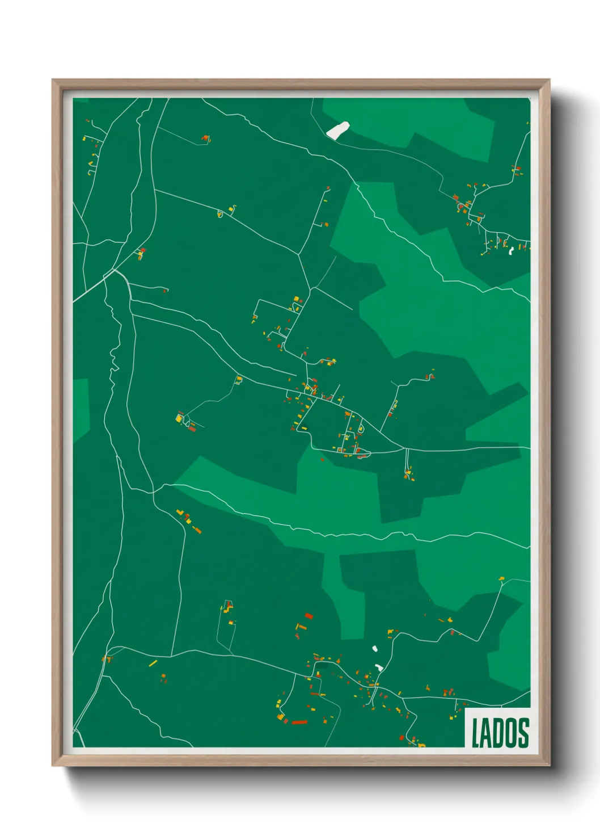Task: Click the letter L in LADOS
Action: point(476,733)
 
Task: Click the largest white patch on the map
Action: point(338,130)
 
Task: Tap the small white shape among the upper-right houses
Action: point(511,250)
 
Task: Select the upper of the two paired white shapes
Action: point(374,648)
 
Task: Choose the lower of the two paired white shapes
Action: point(379,667)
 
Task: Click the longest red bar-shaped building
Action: point(299,723)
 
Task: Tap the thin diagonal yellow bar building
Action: point(153,663)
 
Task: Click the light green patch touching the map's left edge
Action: point(81,409)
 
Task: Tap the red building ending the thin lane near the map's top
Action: point(205,138)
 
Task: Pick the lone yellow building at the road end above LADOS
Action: point(501,579)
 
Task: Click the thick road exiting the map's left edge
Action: point(85,292)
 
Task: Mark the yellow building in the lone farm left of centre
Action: point(179,418)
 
